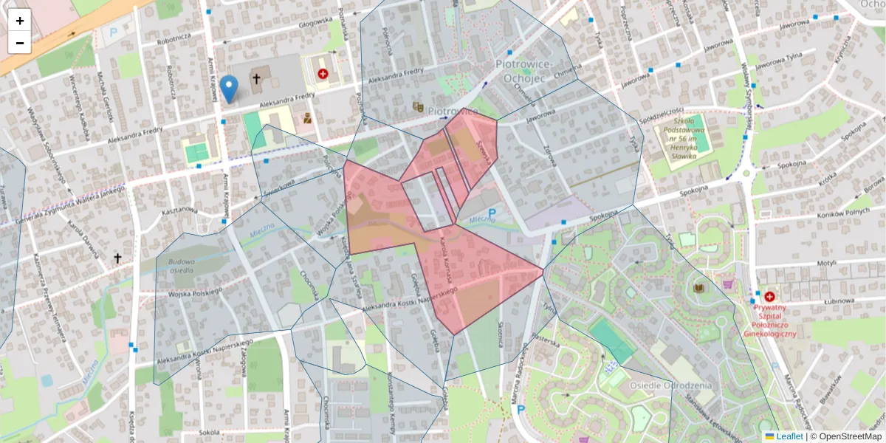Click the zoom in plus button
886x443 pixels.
pyautogui.click(x=20, y=21)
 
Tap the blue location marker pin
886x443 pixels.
pyautogui.click(x=230, y=89)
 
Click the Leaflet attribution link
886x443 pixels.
pyautogui.click(x=789, y=436)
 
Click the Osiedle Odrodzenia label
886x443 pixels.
pyautogui.click(x=670, y=385)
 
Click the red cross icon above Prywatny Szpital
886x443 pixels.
pyautogui.click(x=769, y=296)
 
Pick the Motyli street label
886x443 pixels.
pyautogui.click(x=825, y=263)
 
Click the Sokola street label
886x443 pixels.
pyautogui.click(x=209, y=431)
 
